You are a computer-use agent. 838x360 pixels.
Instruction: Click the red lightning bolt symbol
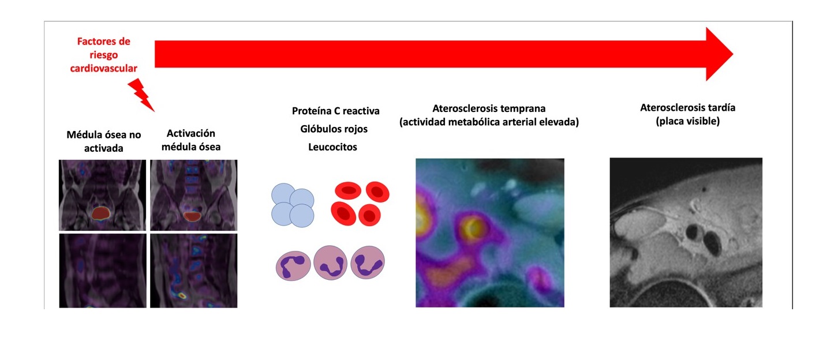click(x=141, y=95)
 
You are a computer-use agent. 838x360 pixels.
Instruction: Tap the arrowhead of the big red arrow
click(x=719, y=54)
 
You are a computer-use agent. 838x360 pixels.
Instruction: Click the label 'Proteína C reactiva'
click(x=335, y=111)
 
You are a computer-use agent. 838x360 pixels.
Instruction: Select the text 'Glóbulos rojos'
click(x=334, y=129)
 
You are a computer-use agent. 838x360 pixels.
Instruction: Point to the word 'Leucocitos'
click(x=332, y=147)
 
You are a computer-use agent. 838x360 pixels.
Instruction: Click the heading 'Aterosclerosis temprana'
click(x=489, y=108)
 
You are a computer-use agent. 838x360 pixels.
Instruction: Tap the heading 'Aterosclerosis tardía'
click(x=687, y=108)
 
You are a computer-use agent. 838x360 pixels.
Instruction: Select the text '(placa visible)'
click(x=687, y=121)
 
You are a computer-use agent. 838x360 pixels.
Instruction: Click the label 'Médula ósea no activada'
click(x=104, y=141)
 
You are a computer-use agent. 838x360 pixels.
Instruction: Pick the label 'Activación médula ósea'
click(x=191, y=140)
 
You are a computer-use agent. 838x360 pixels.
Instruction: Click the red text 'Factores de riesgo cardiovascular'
click(x=104, y=55)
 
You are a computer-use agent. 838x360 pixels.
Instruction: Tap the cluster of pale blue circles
click(x=293, y=205)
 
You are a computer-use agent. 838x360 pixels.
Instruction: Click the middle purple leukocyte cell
click(x=330, y=263)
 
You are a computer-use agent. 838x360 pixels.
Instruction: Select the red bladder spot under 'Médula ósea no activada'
click(x=100, y=213)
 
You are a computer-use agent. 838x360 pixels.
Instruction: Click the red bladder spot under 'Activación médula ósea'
click(x=192, y=216)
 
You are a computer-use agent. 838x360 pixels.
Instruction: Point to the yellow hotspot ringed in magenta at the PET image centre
click(x=472, y=227)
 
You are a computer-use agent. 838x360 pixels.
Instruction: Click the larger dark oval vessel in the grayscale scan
click(x=712, y=243)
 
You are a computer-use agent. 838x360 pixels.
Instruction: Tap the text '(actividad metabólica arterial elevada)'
click(x=489, y=122)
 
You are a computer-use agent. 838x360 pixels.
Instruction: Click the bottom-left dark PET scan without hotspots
click(x=103, y=271)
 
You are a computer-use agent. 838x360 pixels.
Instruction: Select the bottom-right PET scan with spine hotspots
click(x=193, y=271)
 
